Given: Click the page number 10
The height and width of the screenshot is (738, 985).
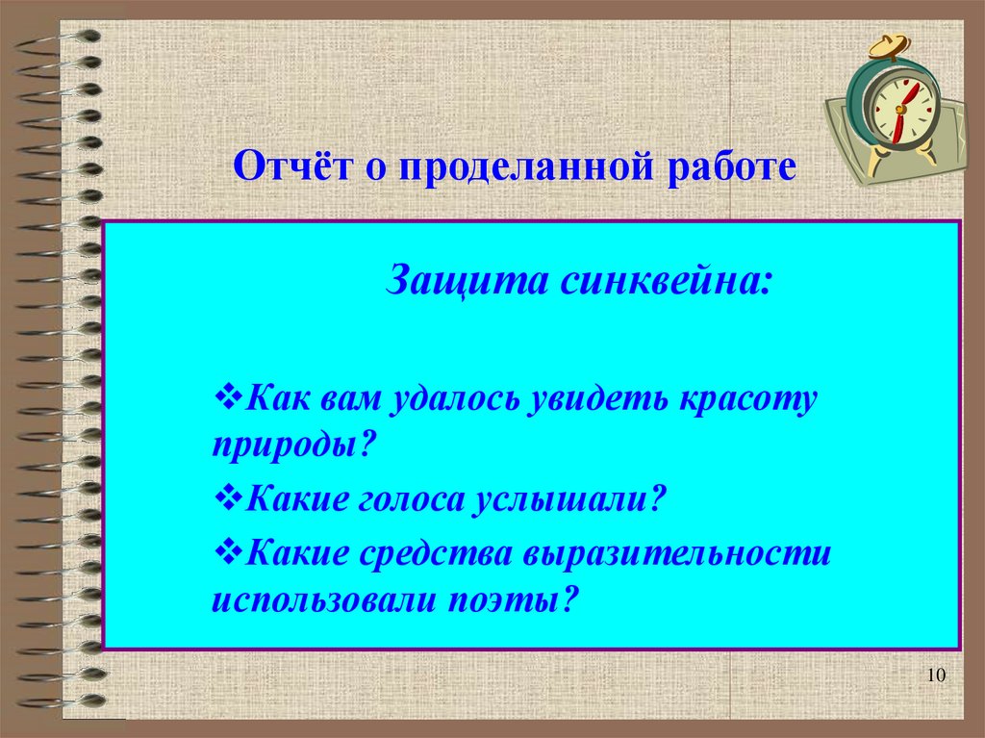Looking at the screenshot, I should point(937,677).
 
